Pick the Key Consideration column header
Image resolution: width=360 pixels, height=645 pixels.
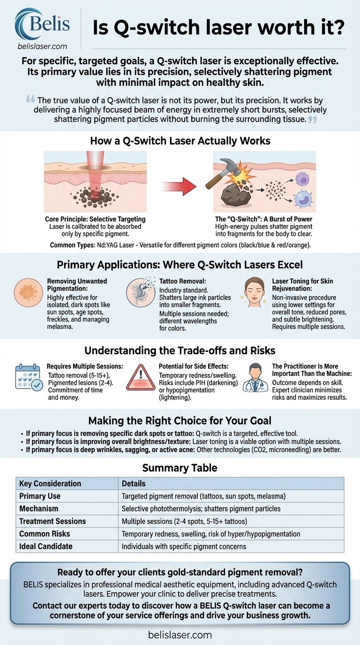(50, 483)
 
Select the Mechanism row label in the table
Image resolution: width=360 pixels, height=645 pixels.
(39, 509)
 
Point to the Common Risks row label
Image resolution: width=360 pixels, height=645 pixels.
(45, 533)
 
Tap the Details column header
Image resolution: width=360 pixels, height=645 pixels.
(134, 483)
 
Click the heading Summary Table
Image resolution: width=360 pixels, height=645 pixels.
(180, 468)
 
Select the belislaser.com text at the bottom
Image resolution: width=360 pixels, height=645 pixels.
(180, 635)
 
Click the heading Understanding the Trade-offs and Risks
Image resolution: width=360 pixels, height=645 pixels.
(180, 351)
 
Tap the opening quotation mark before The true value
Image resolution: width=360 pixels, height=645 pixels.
(31, 100)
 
